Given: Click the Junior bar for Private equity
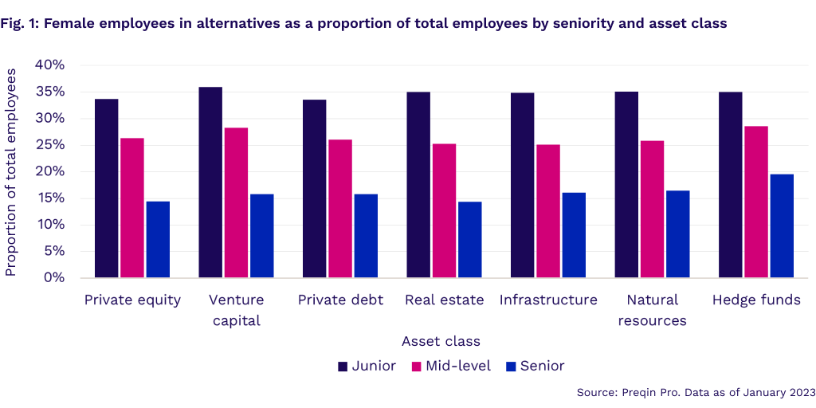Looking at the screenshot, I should [106, 188].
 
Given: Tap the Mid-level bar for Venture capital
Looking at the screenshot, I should [236, 202].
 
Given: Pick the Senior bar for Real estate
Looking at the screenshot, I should [469, 239].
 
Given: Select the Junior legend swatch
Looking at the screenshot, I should [343, 367].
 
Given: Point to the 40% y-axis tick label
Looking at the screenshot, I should [49, 65].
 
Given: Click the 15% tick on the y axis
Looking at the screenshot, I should [49, 198].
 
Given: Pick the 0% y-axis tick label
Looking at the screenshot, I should [53, 278].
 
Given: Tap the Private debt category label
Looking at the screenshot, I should [340, 300].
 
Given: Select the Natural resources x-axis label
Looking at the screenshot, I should [652, 311].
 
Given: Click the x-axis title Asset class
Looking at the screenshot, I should [441, 341].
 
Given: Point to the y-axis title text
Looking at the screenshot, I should [11, 171].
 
